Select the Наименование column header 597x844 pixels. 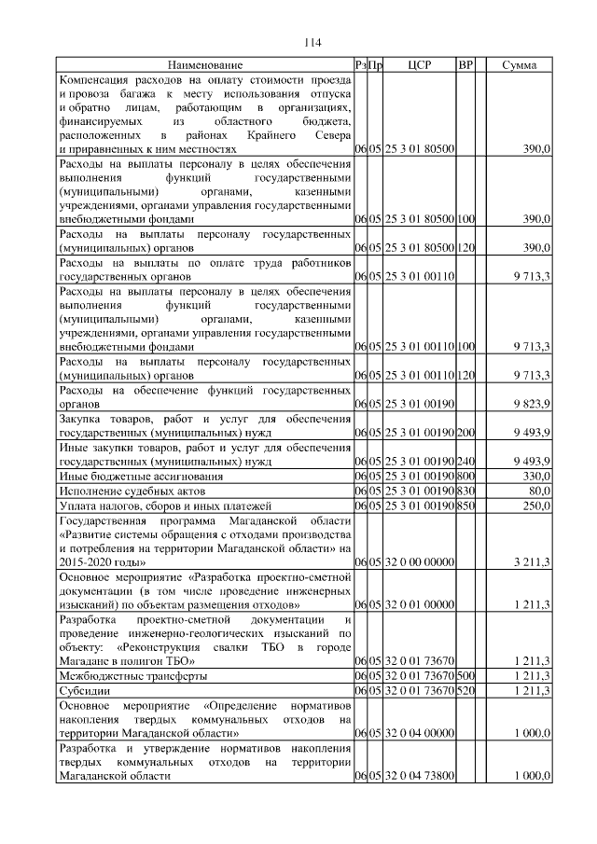(205, 65)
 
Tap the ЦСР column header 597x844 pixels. (419, 65)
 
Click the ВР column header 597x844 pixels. (466, 65)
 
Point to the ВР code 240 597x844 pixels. (466, 462)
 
